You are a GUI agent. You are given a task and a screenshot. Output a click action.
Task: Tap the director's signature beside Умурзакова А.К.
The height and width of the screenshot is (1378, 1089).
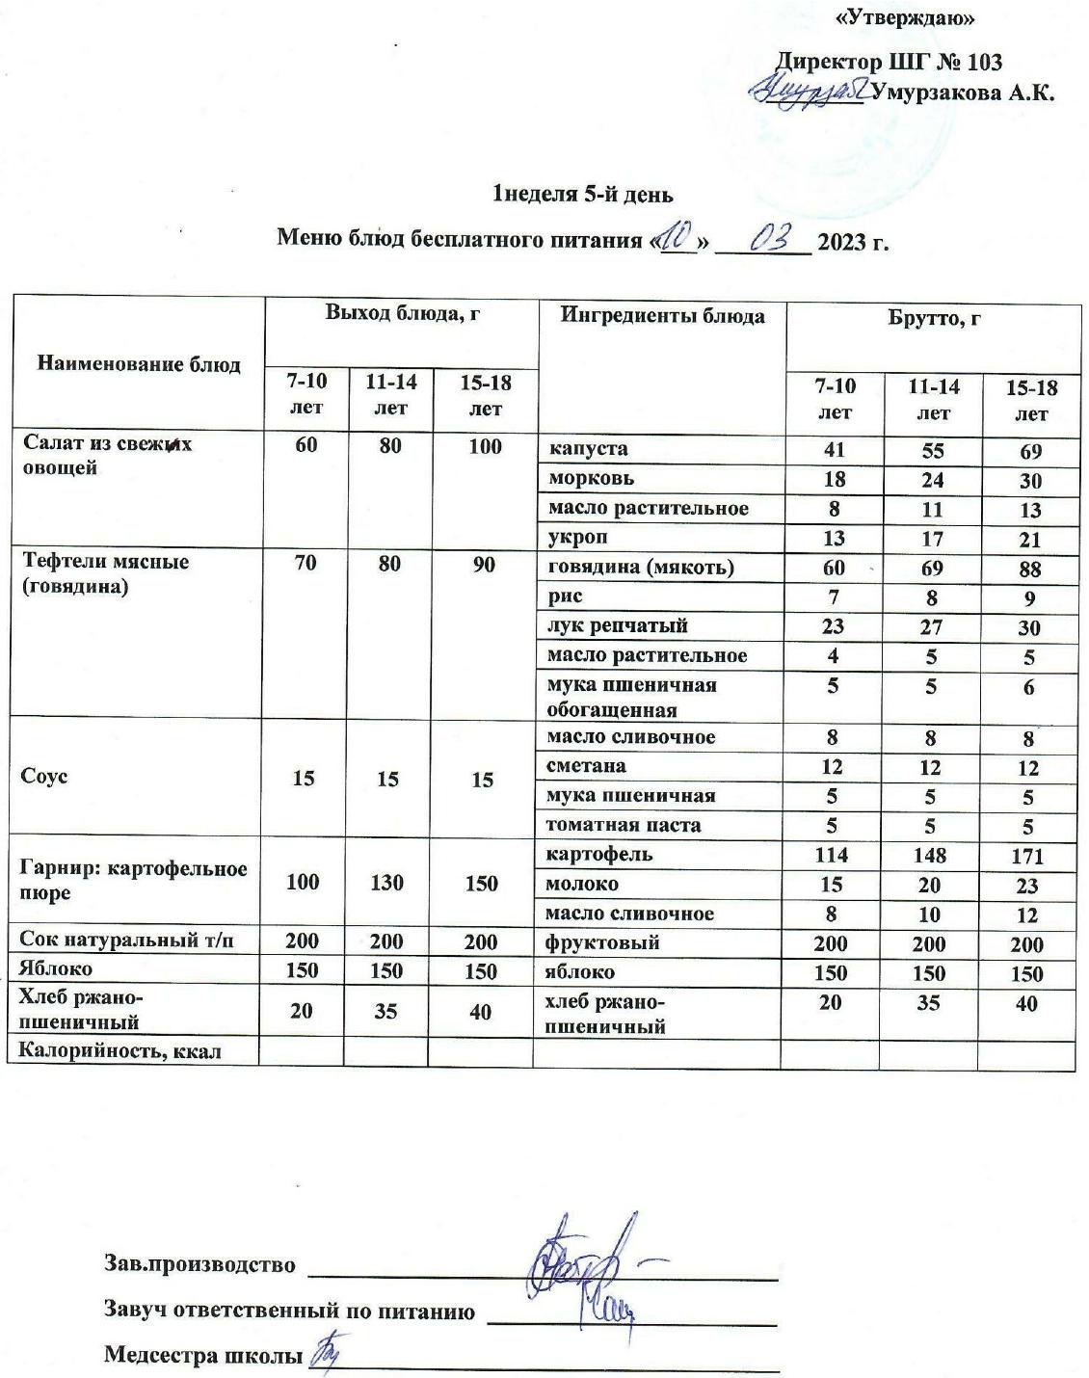pos(809,91)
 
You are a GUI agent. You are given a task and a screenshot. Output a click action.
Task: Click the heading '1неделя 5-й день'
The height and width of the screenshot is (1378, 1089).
pos(582,195)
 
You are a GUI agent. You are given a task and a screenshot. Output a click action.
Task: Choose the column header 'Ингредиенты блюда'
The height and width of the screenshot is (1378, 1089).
pos(663,316)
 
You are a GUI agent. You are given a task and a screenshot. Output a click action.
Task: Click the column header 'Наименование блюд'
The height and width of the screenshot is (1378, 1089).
pos(139,363)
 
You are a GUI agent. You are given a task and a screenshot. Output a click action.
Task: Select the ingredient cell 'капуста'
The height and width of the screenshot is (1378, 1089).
pos(588,448)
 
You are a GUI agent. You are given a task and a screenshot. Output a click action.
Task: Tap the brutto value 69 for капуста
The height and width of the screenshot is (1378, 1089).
pos(1030,451)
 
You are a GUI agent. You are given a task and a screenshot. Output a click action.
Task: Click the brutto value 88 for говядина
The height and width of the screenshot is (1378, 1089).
pos(1029,570)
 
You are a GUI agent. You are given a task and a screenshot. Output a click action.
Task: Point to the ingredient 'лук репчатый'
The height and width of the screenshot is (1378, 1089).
pos(617,625)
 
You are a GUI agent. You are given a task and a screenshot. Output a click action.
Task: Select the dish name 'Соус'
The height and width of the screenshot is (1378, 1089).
pos(44,777)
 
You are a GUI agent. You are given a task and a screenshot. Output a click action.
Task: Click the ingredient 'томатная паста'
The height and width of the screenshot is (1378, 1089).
pos(624,825)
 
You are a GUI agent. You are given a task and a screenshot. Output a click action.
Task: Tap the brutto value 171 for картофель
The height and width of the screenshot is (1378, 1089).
pos(1027,856)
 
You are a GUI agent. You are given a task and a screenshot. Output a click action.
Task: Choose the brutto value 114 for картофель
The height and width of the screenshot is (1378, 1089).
pos(831,855)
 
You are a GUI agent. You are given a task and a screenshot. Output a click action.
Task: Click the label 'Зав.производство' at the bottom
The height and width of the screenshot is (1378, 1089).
pos(199,1264)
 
